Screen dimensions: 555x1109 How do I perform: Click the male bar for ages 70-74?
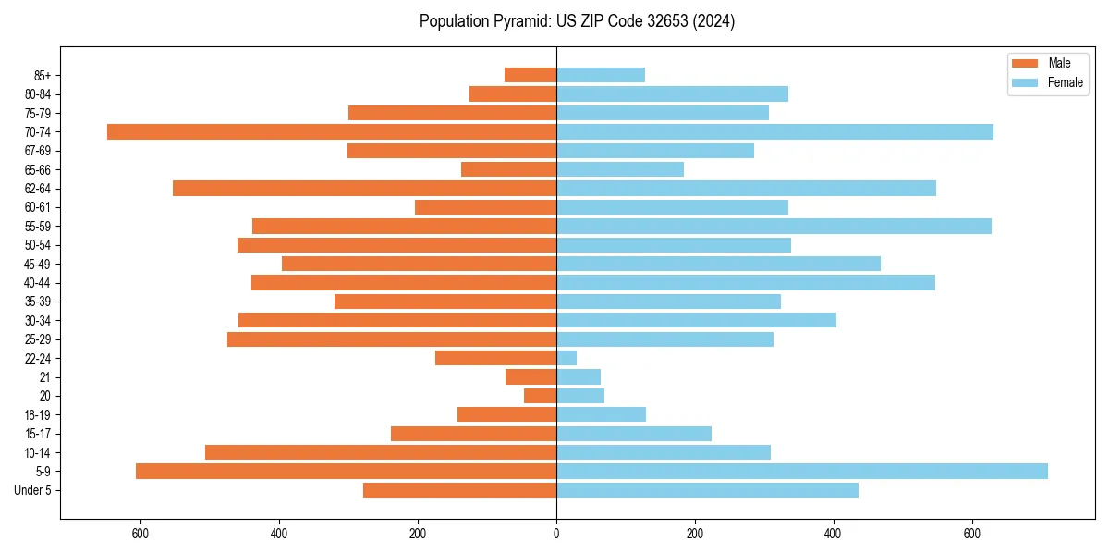tap(332, 131)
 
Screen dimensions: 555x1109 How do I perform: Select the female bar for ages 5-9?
tap(802, 471)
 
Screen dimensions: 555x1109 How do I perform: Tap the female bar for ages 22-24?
tap(567, 358)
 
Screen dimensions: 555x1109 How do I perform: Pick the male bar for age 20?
tap(541, 396)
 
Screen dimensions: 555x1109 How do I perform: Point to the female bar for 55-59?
tap(774, 226)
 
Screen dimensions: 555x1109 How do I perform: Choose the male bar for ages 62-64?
tap(365, 188)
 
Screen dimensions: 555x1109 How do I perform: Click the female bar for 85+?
tap(601, 75)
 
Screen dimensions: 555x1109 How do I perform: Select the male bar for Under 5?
tap(460, 490)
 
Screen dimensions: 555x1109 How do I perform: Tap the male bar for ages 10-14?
tap(381, 452)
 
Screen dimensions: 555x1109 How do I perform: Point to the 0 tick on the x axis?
tap(556, 534)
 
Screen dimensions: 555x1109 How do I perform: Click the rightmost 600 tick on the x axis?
tap(971, 534)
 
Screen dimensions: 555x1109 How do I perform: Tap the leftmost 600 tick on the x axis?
tap(141, 534)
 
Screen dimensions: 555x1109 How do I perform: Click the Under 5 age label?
tap(32, 490)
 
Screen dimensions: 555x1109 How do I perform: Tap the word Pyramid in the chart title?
tap(519, 21)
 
